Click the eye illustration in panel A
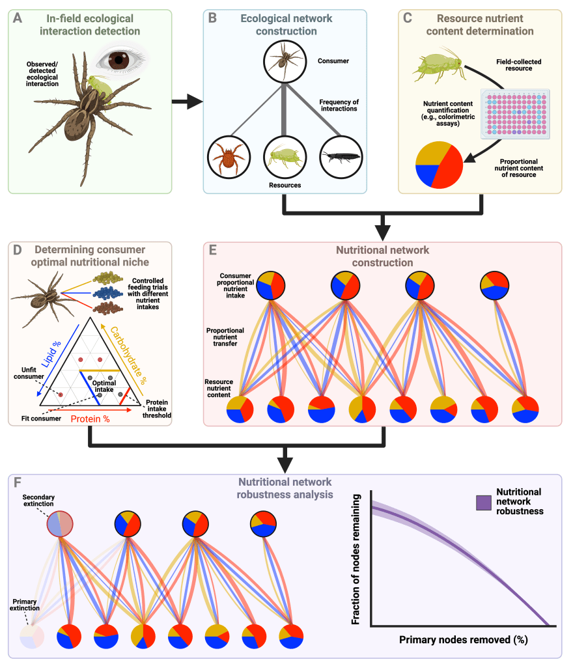click(119, 59)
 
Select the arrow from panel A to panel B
click(188, 102)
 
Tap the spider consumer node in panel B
click(285, 62)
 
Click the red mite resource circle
click(229, 157)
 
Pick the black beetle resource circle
click(341, 157)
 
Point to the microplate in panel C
click(515, 113)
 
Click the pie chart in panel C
click(439, 165)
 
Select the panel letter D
click(18, 250)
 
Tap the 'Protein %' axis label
click(90, 419)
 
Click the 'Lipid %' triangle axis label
click(51, 354)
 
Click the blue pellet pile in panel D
click(107, 293)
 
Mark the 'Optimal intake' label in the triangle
click(104, 386)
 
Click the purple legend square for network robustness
click(483, 503)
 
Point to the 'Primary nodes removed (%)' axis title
click(464, 640)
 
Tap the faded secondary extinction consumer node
click(60, 524)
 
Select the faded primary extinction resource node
click(32, 636)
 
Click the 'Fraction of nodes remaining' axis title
click(356, 559)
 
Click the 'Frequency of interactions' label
click(339, 105)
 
